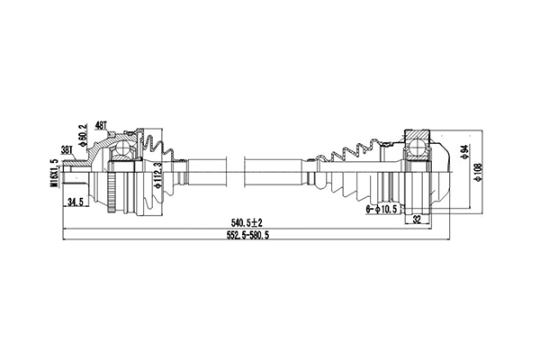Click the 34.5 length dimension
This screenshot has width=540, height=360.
tap(77, 203)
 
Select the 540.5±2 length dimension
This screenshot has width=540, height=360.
tap(244, 221)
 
